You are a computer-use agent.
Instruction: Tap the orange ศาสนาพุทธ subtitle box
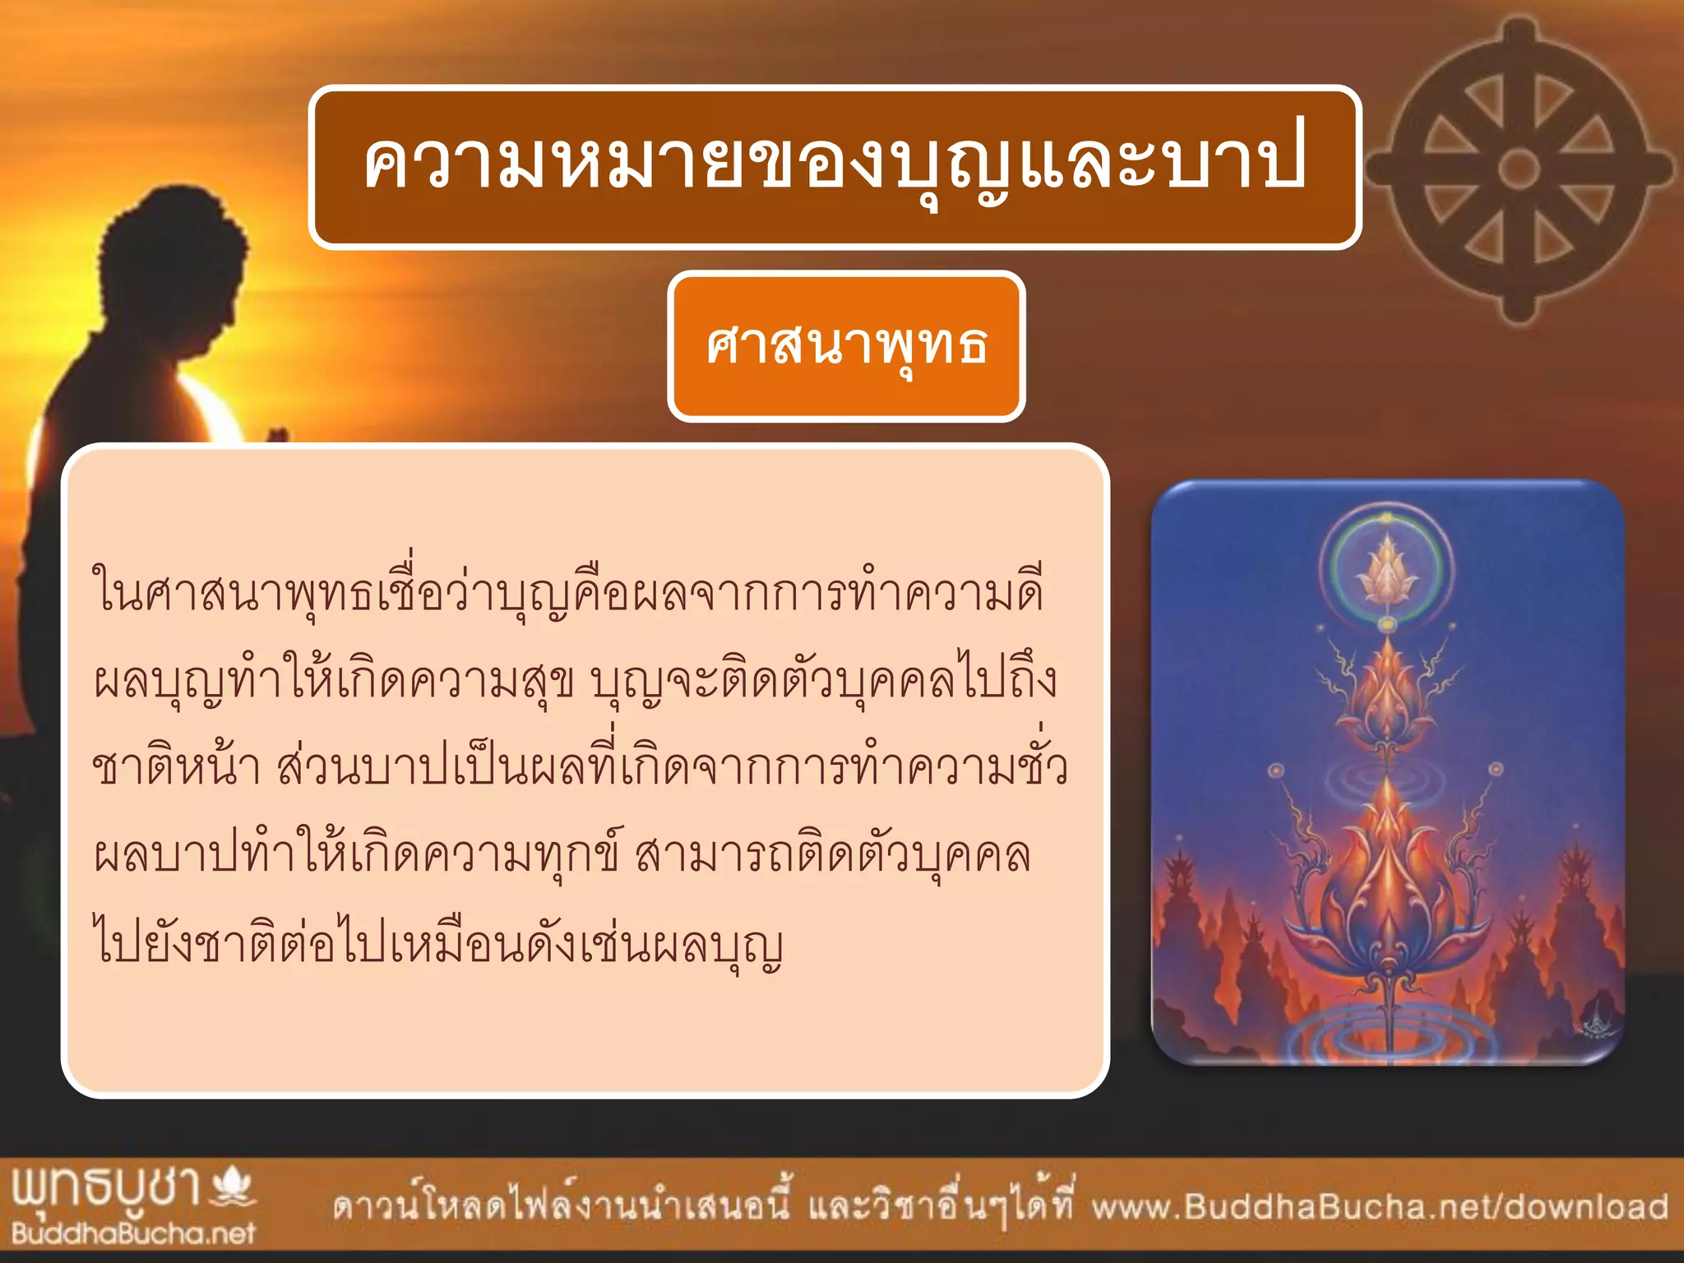tap(846, 346)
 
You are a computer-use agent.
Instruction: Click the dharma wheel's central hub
tap(1519, 169)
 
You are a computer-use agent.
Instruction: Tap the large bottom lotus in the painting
tap(1387, 888)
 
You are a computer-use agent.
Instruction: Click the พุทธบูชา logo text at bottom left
tap(107, 1188)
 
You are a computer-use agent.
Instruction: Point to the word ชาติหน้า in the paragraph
tap(177, 767)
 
